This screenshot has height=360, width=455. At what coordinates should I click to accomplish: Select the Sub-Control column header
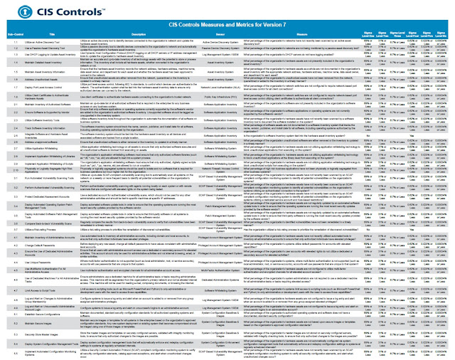point(12,33)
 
